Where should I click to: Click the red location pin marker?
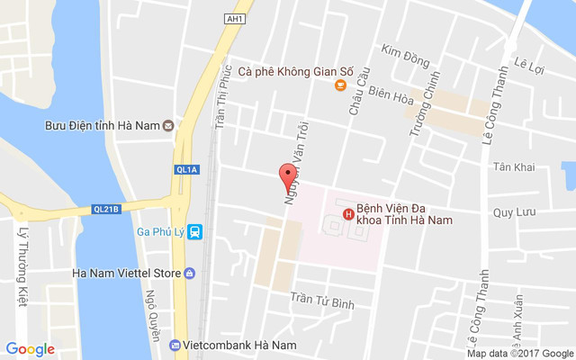(287, 175)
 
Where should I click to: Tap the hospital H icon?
(348, 213)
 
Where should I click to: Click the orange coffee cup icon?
(339, 85)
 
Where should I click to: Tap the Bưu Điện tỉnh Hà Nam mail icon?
(168, 125)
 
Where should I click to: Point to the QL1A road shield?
(186, 168)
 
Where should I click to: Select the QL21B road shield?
(106, 209)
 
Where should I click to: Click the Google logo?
(30, 349)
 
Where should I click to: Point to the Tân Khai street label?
(513, 167)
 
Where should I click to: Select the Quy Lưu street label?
(514, 212)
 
